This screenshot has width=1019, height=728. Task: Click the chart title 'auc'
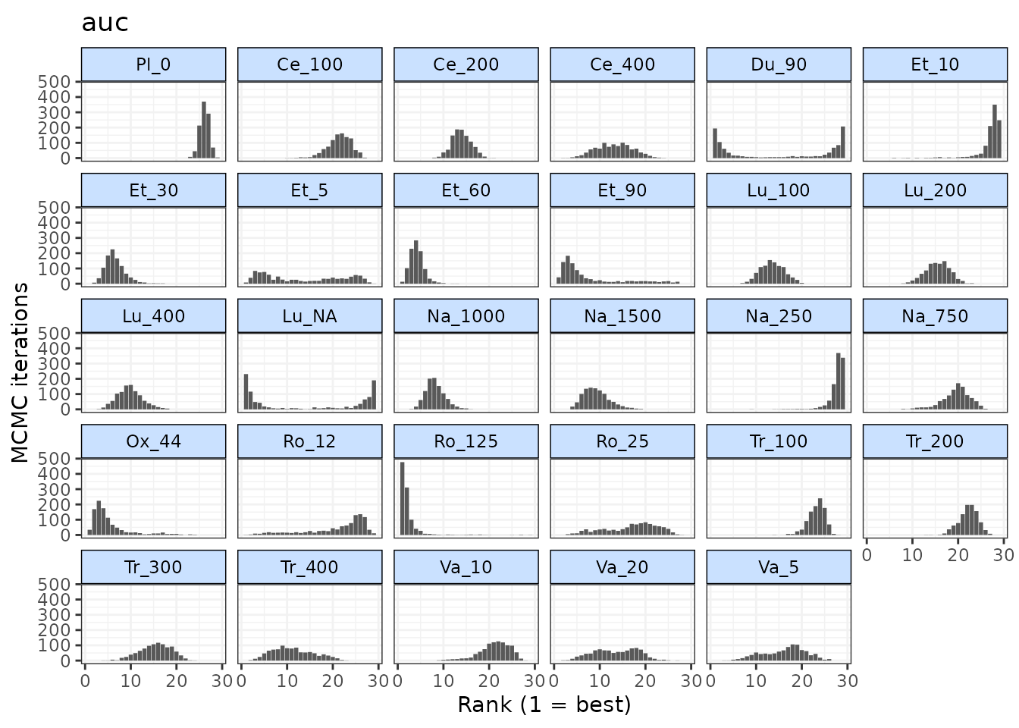(105, 23)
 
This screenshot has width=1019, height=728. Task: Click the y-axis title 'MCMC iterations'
(20, 372)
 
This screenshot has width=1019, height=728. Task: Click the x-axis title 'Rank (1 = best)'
(544, 704)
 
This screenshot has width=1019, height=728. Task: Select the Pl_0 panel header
(153, 64)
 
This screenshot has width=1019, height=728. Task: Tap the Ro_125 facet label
(466, 441)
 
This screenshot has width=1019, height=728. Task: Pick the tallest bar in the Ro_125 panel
(402, 498)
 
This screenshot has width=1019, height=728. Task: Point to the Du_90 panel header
(779, 64)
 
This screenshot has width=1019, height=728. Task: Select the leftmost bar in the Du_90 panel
(715, 143)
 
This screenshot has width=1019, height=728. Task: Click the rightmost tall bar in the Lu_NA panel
(374, 394)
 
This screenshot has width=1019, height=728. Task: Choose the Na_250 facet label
(779, 316)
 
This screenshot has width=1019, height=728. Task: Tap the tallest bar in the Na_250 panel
(838, 381)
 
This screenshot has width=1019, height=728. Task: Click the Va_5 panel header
(779, 567)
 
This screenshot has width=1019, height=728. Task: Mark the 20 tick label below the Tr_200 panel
(958, 555)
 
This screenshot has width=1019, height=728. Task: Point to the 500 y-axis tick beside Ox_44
(58, 458)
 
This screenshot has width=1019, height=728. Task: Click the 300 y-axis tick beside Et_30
(58, 238)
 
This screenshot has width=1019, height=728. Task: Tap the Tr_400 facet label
(309, 567)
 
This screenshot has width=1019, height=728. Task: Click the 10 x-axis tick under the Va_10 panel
(444, 680)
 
